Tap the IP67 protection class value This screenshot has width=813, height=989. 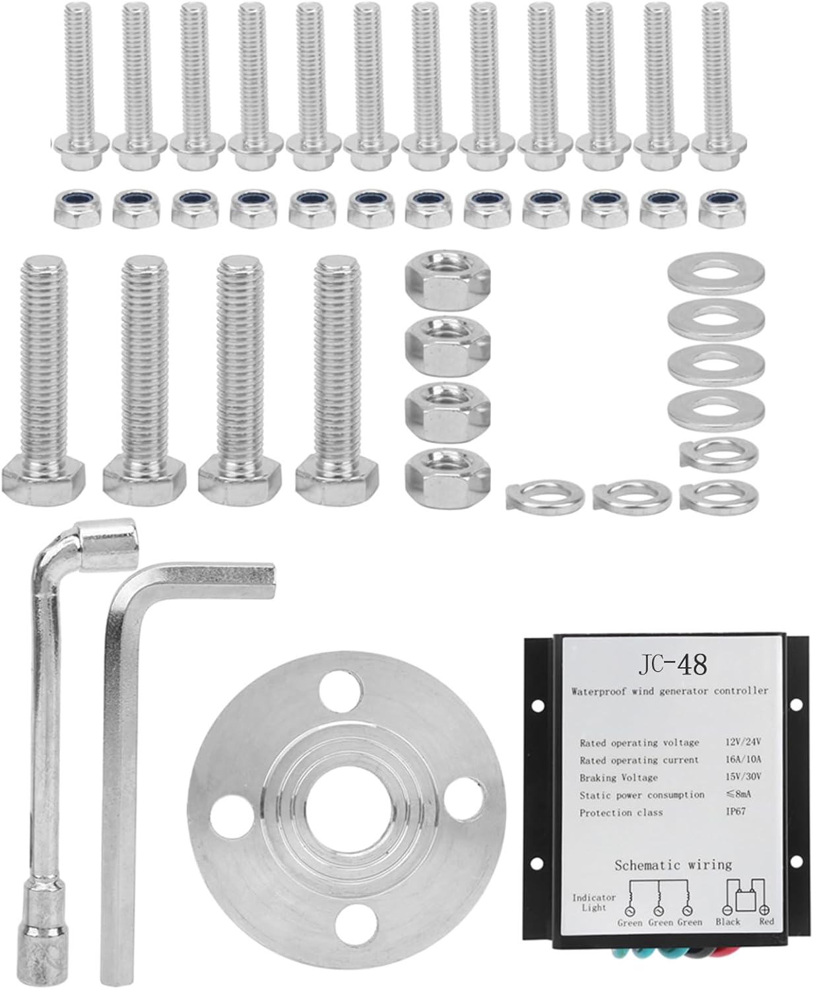pyautogui.click(x=736, y=811)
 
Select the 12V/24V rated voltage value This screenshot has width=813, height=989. pyautogui.click(x=743, y=742)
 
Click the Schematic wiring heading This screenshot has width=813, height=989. pyautogui.click(x=673, y=864)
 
